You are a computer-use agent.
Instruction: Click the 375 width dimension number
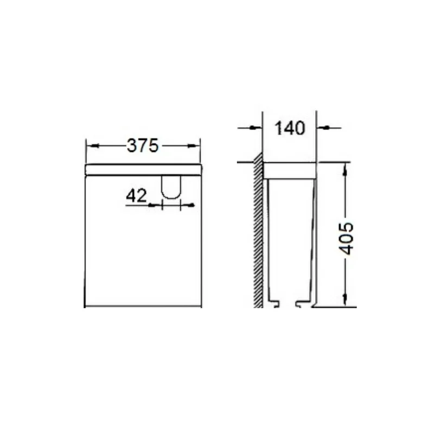pos(143,145)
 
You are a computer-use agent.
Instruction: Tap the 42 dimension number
pos(136,196)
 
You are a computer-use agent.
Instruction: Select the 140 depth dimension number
pos(290,128)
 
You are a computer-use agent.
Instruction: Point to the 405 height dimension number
pos(346,238)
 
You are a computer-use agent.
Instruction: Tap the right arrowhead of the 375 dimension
pos(194,145)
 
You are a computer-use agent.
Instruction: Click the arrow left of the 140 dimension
pos(250,127)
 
